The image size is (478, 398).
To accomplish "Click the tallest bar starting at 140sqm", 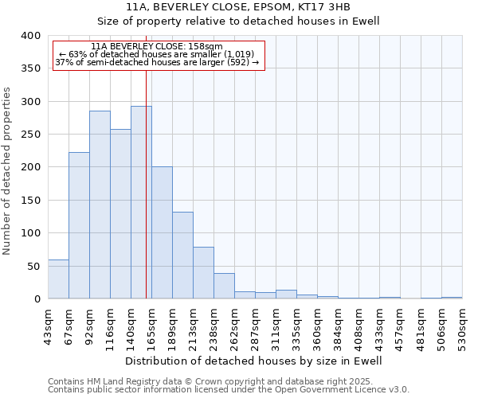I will click(x=141, y=202).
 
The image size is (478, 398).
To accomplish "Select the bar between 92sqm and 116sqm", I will click(x=100, y=205).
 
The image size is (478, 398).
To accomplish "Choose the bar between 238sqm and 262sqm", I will click(x=224, y=286).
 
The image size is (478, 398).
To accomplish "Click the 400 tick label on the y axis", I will click(x=30, y=36).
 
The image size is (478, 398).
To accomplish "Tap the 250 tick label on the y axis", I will click(x=30, y=135).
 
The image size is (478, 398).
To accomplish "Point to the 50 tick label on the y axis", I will click(x=33, y=266).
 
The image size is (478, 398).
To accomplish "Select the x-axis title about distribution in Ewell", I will click(x=254, y=361).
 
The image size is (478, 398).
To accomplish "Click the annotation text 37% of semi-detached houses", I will click(x=157, y=62).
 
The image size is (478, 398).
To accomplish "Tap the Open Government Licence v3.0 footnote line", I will click(x=229, y=390).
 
